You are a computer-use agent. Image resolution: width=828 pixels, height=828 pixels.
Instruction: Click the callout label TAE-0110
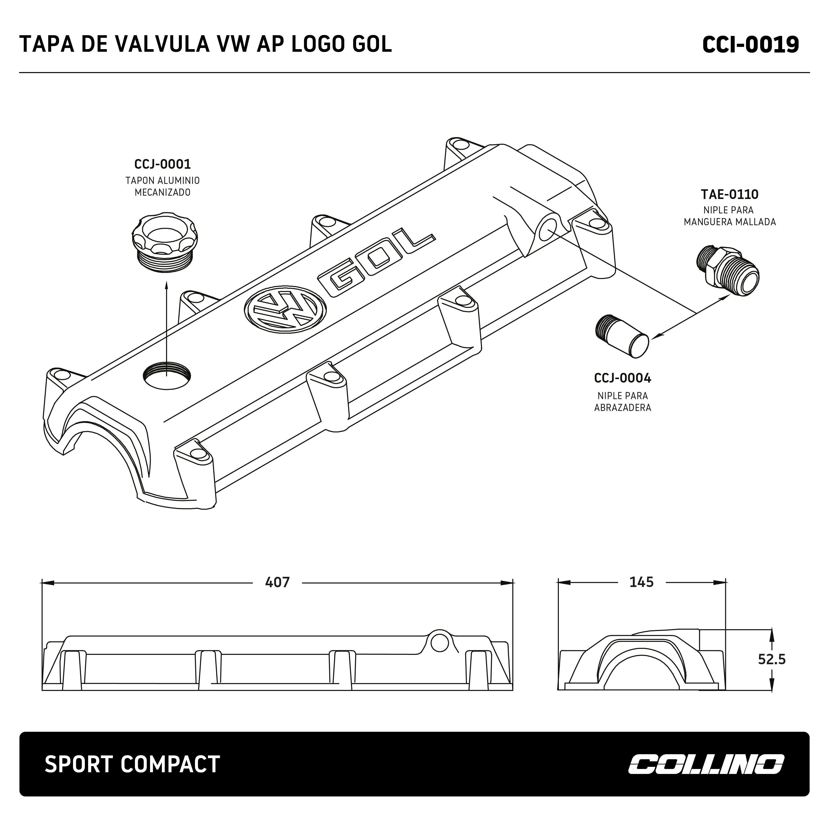point(729,194)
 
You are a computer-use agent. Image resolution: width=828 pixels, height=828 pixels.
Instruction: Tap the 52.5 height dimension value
point(772,659)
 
